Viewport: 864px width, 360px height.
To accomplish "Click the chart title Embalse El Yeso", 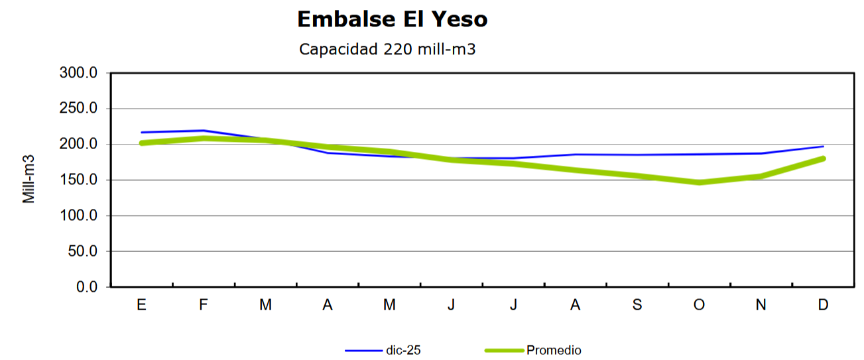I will coord(392,20).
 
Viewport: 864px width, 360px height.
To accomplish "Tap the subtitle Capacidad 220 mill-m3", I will coord(387,49).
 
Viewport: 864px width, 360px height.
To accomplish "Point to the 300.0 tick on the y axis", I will coord(79,73).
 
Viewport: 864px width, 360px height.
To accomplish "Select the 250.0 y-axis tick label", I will coord(79,109).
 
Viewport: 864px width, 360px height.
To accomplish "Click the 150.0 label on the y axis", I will coord(79,180).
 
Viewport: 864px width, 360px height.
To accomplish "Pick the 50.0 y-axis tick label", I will coord(82,252).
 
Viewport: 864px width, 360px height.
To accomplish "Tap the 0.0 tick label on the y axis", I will coord(86,288).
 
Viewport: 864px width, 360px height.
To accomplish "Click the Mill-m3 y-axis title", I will coord(29,179).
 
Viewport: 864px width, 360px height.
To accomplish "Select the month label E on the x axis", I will coord(141,305).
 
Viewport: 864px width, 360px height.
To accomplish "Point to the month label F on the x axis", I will coord(204,305).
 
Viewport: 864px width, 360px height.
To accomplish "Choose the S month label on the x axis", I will coord(637,305).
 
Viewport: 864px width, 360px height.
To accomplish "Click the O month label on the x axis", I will coord(699,305).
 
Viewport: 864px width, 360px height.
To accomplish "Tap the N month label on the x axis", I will coord(761,305).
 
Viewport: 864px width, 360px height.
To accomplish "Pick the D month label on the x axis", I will coord(823,305).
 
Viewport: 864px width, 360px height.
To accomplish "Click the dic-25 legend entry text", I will coord(403,350).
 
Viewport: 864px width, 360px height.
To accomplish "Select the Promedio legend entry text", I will coord(554,350).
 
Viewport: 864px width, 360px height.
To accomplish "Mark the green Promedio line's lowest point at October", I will coord(699,182).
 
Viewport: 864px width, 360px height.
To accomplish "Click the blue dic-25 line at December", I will coord(823,147).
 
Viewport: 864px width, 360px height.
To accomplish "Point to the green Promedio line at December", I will coord(823,158).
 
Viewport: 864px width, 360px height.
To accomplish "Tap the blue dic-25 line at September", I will coord(637,155).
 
